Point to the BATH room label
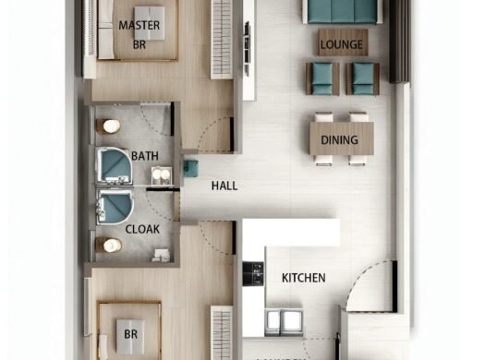[145, 156]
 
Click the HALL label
[224, 186]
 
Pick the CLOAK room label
[142, 227]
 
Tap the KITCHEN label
[303, 277]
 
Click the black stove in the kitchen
[252, 273]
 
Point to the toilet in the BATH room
[112, 126]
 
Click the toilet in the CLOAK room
[112, 246]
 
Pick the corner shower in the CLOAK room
[115, 208]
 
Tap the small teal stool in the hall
[191, 168]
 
